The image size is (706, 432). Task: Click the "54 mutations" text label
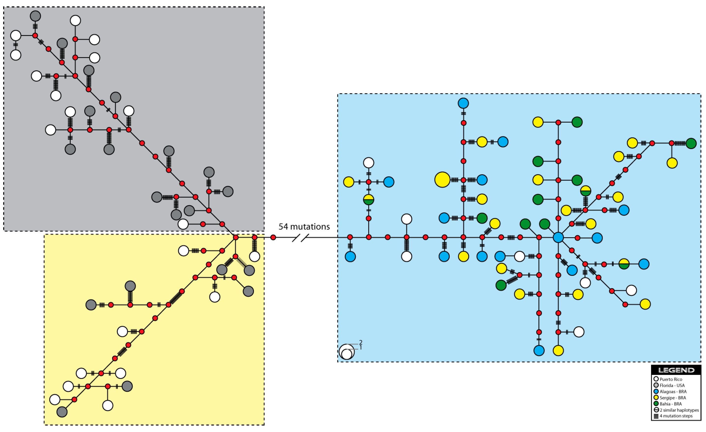pos(304,227)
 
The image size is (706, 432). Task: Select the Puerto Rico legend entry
pos(670,379)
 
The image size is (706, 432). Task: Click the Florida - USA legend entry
pos(672,385)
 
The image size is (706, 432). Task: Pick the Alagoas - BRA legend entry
pos(673,392)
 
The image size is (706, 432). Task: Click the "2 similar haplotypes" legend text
pos(679,410)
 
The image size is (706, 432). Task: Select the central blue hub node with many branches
pos(558,237)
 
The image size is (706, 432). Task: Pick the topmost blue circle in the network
pos(463,103)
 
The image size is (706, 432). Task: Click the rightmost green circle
pos(691,143)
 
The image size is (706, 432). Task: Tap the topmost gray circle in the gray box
pos(35,16)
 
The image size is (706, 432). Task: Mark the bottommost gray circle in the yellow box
pos(62,412)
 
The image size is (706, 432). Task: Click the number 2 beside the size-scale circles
pos(361,342)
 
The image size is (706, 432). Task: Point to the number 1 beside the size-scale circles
pos(360,347)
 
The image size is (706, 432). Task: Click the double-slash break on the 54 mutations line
pos(301,238)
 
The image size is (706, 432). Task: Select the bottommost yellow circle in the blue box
pos(558,350)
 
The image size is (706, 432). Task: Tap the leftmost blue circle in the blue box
pos(350,256)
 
